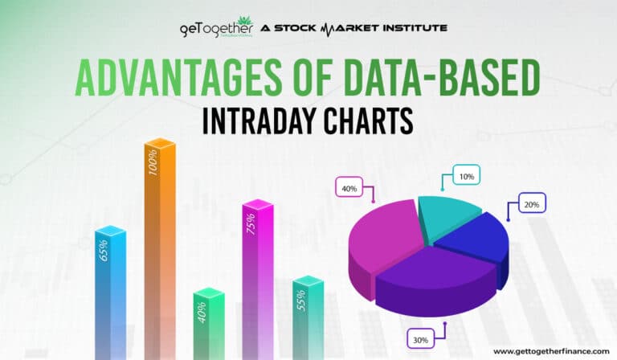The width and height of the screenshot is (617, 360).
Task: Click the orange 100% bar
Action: tap(159, 241)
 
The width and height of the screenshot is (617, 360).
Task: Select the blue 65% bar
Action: tap(110, 289)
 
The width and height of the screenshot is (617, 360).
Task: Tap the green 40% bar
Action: tap(208, 321)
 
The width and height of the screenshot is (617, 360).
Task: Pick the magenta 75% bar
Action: tap(257, 273)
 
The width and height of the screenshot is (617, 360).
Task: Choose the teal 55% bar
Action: tap(307, 313)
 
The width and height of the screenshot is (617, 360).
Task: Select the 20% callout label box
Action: tap(531, 204)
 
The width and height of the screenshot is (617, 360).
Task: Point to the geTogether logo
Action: tap(215, 29)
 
